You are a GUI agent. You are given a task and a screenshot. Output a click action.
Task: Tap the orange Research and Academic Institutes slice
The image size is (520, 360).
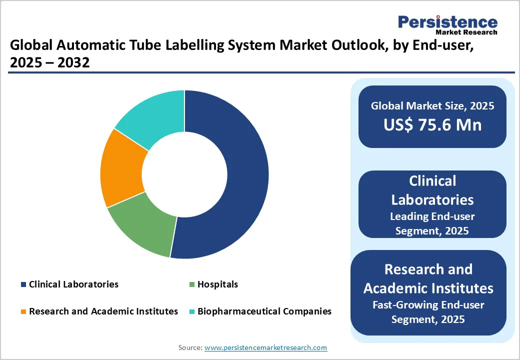click(x=122, y=169)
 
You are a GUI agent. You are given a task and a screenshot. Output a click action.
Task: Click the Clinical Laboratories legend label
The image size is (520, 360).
click(x=73, y=284)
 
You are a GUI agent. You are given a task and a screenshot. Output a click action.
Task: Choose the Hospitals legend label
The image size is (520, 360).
click(x=217, y=284)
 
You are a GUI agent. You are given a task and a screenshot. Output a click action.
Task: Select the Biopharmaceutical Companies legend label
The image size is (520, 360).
click(x=264, y=311)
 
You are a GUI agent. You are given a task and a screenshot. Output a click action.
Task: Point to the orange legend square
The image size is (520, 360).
click(x=23, y=311)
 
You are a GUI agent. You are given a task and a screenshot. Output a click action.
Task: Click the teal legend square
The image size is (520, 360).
click(x=191, y=311)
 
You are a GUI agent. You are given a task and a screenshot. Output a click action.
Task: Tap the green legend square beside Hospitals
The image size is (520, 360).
click(x=191, y=284)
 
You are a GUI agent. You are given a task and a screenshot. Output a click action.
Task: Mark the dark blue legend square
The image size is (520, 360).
click(x=23, y=284)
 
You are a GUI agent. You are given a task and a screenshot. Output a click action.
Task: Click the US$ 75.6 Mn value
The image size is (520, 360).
click(x=432, y=125)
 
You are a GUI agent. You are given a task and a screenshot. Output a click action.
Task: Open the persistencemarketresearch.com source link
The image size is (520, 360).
click(x=265, y=347)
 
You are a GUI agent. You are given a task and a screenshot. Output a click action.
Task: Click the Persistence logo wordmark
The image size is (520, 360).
click(x=447, y=22)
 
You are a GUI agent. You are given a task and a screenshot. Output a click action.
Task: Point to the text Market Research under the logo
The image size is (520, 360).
click(x=466, y=32)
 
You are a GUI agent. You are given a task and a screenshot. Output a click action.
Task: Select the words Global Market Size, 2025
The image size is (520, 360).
click(x=432, y=105)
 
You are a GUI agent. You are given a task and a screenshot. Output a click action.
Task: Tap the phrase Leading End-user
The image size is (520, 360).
click(x=432, y=216)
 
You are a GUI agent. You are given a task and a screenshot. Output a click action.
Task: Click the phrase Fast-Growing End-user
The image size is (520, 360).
click(x=428, y=305)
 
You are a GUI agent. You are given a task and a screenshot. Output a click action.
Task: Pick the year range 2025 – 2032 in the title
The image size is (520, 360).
click(x=49, y=62)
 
